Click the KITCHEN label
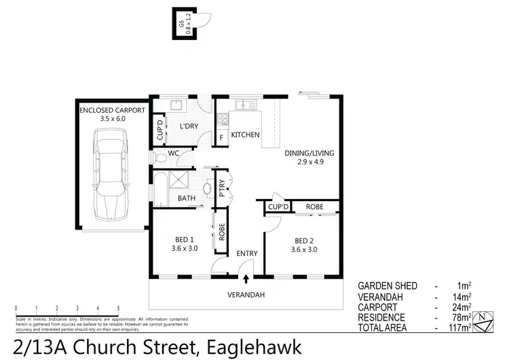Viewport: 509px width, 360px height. click(245, 135)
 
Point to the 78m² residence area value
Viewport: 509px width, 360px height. click(462, 317)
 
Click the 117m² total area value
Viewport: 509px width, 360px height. click(460, 327)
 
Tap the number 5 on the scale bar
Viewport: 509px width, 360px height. click(119, 309)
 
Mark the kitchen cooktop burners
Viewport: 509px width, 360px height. click(222, 120)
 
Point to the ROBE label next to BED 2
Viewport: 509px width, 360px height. click(313, 206)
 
